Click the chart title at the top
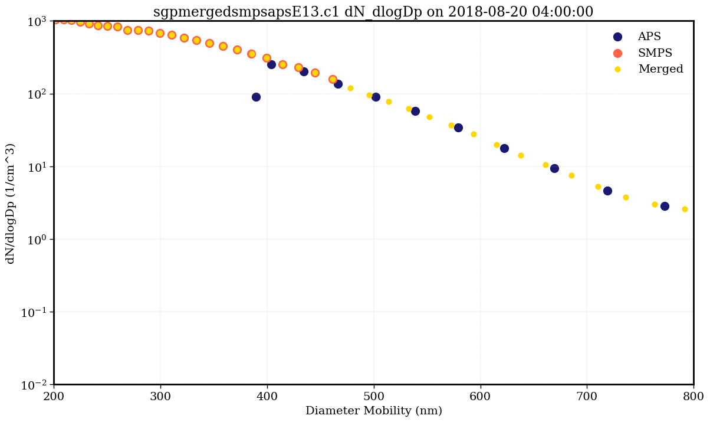pyautogui.click(x=373, y=12)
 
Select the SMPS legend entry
pyautogui.click(x=655, y=53)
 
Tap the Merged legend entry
pyautogui.click(x=660, y=69)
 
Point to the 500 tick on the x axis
pyautogui.click(x=374, y=395)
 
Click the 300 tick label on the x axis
pyautogui.click(x=160, y=395)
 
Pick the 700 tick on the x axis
pyautogui.click(x=587, y=395)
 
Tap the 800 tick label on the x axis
pyautogui.click(x=693, y=395)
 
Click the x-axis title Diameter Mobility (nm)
pyautogui.click(x=373, y=411)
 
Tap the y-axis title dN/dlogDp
pyautogui.click(x=11, y=203)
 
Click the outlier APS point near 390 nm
pyautogui.click(x=256, y=97)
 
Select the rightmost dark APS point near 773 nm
pyautogui.click(x=665, y=206)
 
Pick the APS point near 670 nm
pyautogui.click(x=554, y=168)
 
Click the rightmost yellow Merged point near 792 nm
pyautogui.click(x=685, y=209)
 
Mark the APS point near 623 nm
pyautogui.click(x=504, y=148)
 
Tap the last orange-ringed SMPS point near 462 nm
pyautogui.click(x=333, y=79)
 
